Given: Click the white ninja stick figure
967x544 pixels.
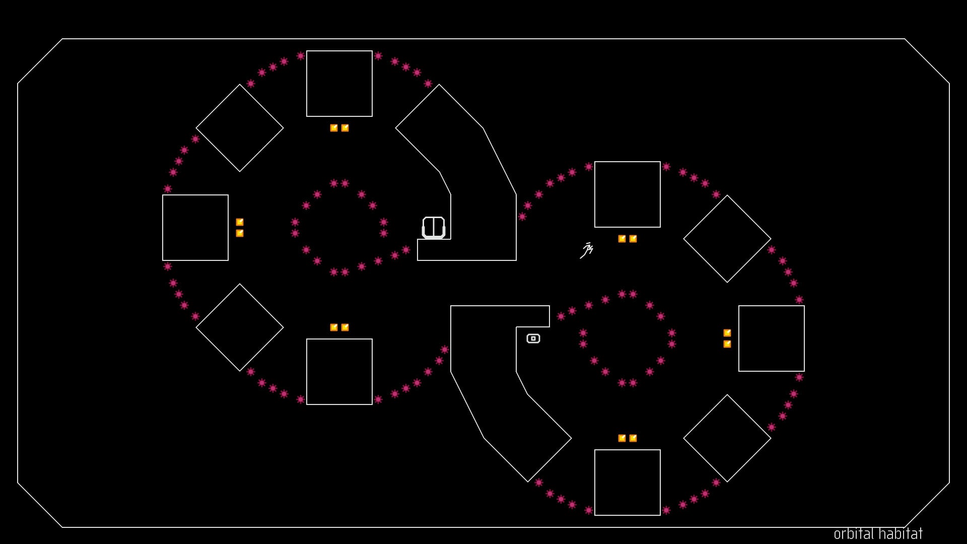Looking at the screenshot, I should pos(587,250).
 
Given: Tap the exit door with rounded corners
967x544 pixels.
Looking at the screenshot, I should pos(433,227).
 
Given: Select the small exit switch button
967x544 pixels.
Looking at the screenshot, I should pos(533,338).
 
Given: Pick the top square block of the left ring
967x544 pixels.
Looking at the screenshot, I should pos(339,84).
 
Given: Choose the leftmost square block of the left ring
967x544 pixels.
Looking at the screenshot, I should pos(195,228).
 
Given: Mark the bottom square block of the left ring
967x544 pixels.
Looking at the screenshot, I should pos(339,372).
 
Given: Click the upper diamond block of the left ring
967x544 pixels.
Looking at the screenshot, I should pos(240,128).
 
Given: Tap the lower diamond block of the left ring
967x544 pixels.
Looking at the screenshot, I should pos(240,327).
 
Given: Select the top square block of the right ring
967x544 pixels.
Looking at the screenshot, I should pos(628,194).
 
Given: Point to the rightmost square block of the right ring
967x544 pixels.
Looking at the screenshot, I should pos(772,338).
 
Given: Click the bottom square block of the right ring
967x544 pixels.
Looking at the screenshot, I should pos(628,483).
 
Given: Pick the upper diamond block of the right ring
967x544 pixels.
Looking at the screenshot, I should pos(727,239).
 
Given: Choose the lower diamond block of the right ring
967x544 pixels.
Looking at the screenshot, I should pos(727,438).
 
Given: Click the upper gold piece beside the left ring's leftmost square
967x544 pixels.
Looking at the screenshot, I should pos(240,222).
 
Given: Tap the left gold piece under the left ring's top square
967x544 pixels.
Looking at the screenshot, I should pos(334,128).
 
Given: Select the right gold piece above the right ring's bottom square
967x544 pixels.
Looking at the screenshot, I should pos(633,438).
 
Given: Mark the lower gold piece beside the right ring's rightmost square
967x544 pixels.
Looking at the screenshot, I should pos(727,344).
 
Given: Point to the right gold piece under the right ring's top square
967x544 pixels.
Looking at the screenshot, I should pos(633,239).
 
